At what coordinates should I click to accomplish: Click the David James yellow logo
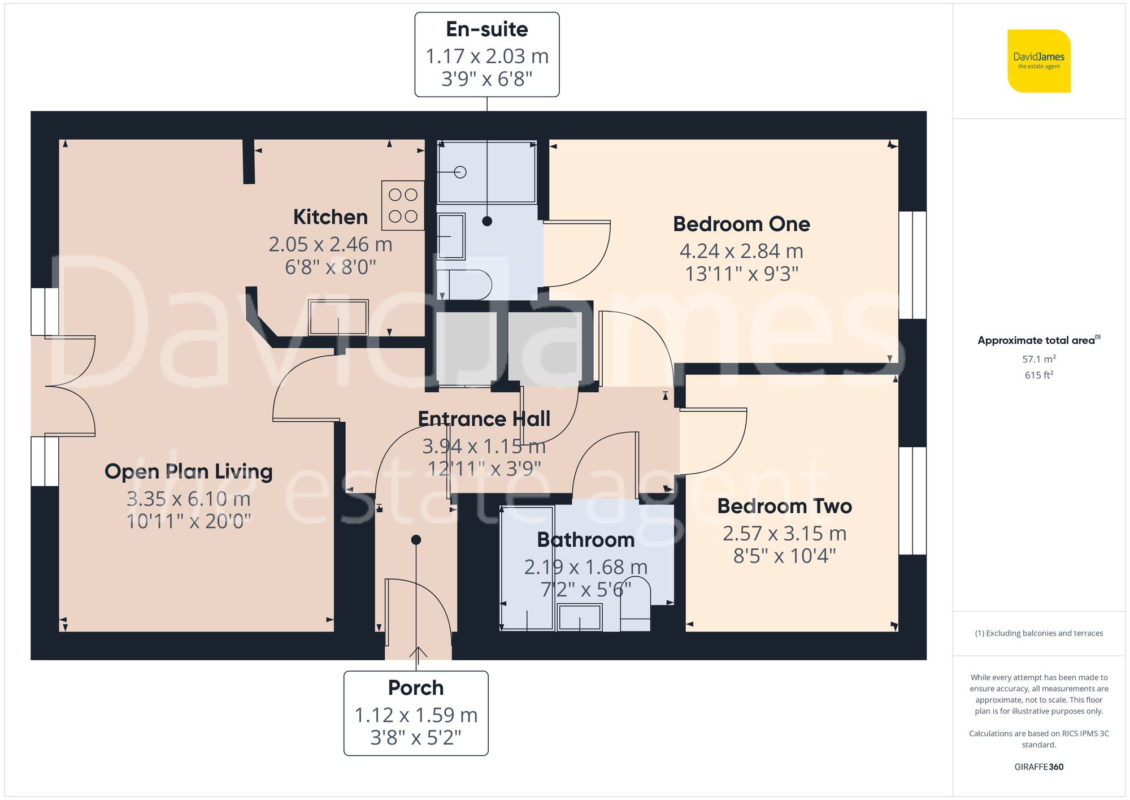pos(1038,61)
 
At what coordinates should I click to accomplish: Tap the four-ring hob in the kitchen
pos(403,205)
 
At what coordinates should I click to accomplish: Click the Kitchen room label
pos(331,217)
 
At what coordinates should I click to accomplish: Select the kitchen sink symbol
pos(338,318)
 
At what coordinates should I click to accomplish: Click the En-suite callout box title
pos(486,29)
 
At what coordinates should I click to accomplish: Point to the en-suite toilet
pos(465,284)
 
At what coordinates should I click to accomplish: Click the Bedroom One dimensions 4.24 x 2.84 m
pos(741,250)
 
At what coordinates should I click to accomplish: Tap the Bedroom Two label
pos(784,506)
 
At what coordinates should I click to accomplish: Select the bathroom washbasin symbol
pos(580,617)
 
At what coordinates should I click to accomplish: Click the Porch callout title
pos(416,688)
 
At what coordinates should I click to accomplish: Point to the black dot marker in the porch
pos(416,540)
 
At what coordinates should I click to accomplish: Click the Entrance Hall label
pos(484,419)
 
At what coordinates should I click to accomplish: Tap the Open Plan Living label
pos(188,472)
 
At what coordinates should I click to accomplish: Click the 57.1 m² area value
pos(1038,359)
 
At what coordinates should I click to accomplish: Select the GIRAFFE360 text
pos(1038,767)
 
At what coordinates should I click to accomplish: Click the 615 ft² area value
pos(1038,375)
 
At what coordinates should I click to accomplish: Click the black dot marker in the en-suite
pos(487,221)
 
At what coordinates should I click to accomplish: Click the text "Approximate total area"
pos(1036,340)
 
